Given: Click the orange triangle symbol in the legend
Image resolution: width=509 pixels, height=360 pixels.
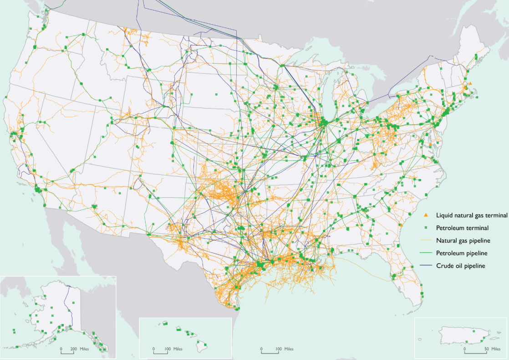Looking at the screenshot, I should point(426,215).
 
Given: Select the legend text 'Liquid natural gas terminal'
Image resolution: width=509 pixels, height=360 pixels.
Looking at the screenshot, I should point(472,215).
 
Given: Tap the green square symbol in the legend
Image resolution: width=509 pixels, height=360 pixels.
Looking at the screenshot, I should point(426,228).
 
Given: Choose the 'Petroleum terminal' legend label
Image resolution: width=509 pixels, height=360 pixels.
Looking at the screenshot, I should point(462,228).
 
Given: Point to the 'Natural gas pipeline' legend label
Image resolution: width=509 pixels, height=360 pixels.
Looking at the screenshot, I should point(464,241).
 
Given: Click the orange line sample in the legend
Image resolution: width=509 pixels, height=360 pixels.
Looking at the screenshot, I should point(426,241).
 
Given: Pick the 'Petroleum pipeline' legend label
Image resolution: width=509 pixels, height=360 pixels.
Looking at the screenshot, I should point(462,253).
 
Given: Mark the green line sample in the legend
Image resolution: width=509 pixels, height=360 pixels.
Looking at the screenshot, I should point(426,253).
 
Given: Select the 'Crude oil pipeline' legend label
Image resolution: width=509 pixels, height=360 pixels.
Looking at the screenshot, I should point(462,266).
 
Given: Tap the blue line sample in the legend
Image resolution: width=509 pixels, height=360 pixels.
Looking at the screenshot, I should point(426,266).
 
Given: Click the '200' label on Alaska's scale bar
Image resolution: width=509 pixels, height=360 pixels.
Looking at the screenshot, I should point(74,350).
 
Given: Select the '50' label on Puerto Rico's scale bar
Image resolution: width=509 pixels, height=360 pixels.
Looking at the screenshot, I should point(486,349).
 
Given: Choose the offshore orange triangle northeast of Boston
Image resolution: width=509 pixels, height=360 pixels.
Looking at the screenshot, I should point(470,83).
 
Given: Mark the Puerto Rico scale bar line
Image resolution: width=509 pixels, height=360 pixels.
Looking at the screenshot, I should point(475,352).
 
